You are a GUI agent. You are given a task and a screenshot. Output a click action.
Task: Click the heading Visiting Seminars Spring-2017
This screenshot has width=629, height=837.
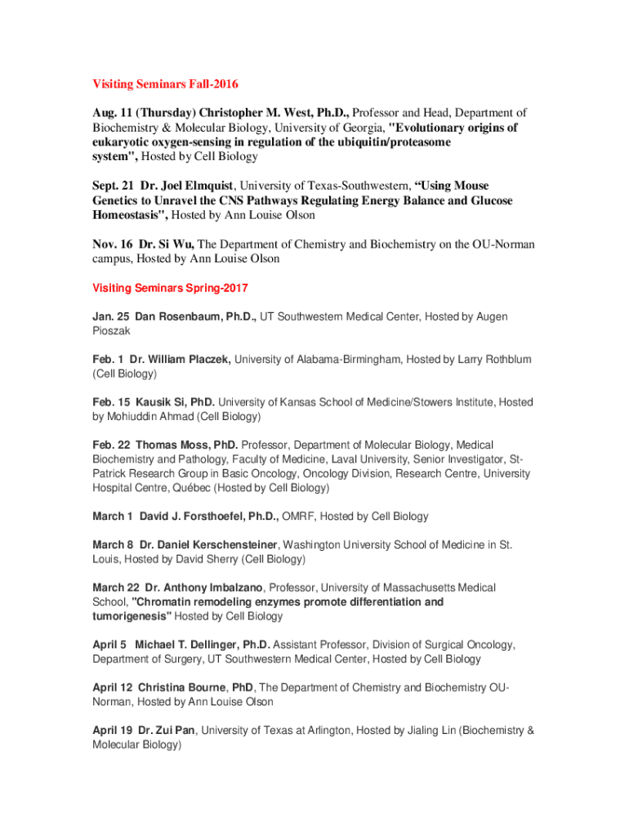click(x=170, y=289)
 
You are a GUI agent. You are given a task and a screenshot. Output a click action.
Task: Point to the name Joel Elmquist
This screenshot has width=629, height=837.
click(x=187, y=186)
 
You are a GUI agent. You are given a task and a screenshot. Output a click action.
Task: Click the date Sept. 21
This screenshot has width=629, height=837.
click(x=114, y=186)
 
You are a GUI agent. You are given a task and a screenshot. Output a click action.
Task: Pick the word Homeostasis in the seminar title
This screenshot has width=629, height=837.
click(x=126, y=216)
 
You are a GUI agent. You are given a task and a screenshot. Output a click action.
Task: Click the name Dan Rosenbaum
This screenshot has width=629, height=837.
click(x=172, y=316)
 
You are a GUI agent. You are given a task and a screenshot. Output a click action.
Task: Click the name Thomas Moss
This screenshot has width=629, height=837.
click(x=170, y=445)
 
